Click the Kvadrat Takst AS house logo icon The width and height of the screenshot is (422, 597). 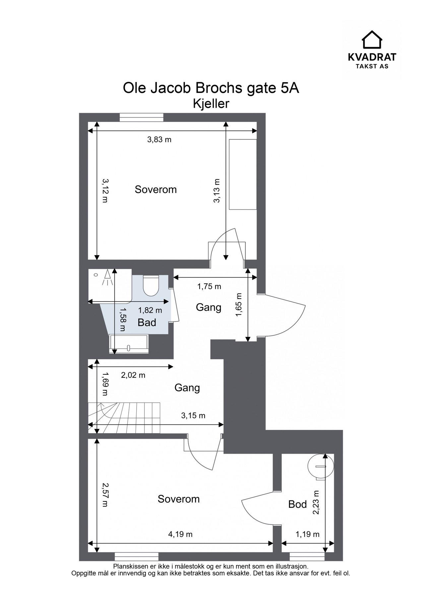372,39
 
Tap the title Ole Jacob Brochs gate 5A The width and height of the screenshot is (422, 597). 211,89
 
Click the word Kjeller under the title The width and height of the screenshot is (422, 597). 211,104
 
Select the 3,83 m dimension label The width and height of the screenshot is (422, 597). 159,139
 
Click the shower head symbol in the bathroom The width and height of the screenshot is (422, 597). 107,277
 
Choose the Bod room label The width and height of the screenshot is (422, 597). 297,504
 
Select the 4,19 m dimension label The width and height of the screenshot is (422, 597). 180,534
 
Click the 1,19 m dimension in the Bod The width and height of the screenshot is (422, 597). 307,534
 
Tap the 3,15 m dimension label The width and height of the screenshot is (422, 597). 193,415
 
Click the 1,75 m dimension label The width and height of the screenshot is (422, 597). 209,286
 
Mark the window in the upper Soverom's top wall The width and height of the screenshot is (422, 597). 142,117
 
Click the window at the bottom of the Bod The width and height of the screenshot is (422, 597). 307,556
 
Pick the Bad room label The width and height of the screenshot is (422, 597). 147,322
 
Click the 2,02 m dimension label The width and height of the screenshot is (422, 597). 133,375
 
